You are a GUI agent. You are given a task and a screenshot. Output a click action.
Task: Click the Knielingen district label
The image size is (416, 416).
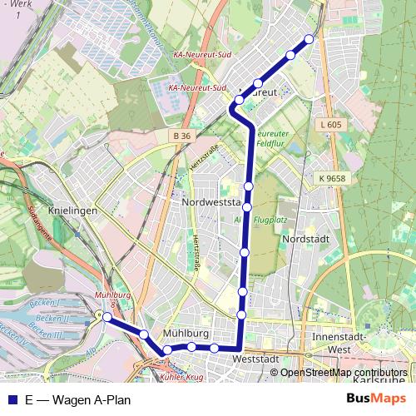pos(74,210)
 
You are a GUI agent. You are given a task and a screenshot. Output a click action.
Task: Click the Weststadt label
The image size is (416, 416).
pos(255,359)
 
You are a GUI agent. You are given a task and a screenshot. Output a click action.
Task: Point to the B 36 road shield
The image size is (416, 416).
pos(182,136)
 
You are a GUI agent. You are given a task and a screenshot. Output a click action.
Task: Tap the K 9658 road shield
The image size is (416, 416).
pos(331,178)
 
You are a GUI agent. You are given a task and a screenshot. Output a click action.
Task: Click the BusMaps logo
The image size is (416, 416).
pos(370,399)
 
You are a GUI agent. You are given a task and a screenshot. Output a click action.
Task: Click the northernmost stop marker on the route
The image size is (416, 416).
pos(310,39)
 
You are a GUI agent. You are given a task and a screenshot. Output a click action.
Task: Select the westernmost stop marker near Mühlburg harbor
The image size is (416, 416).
pos(106,317)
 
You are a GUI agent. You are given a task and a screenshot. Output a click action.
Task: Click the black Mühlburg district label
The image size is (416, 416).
pos(185,334)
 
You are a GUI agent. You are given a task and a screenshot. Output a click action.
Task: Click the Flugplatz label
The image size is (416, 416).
pos(269,221)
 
